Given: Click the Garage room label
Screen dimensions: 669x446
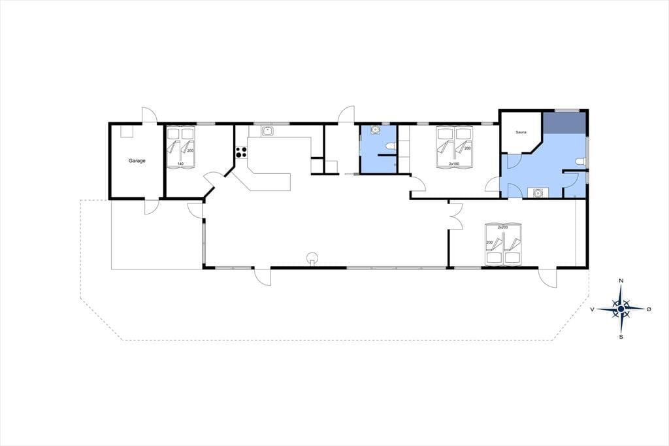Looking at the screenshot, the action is point(137,161).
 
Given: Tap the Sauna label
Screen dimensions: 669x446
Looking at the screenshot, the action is point(521,133).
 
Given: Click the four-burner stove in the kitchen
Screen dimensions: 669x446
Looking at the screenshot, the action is point(241,152).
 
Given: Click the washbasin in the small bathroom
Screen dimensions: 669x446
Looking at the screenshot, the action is point(375,129).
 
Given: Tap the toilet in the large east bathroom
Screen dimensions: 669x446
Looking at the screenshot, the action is point(580,162).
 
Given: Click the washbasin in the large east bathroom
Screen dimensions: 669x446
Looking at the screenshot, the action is point(537,193).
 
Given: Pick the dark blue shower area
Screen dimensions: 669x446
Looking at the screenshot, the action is point(564,122).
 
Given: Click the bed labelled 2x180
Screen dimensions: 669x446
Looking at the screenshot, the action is point(455,147).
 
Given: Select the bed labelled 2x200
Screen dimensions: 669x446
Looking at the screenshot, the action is point(504,245).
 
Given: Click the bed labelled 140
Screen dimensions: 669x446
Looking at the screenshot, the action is point(180,147).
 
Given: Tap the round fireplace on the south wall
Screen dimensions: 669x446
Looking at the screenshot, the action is point(313,258).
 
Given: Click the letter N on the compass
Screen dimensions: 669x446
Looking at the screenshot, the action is point(621,281).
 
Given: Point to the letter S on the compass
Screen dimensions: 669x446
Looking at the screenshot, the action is point(621,337).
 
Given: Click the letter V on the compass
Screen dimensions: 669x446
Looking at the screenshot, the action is point(592,309).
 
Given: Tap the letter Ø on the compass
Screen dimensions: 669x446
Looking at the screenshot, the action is point(649,309).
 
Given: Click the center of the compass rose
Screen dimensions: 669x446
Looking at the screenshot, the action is point(621,309).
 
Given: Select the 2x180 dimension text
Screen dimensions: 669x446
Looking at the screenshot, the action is point(454,163).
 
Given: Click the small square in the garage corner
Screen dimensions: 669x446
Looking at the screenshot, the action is point(127,131).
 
